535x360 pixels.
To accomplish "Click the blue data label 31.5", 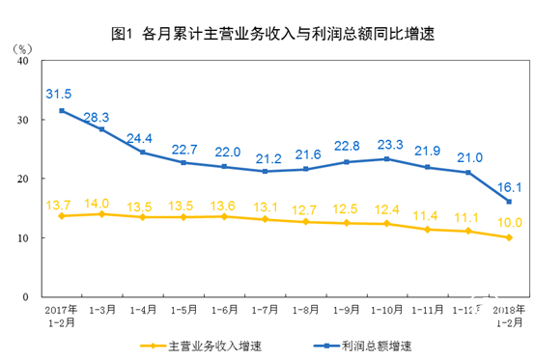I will [x=60, y=94].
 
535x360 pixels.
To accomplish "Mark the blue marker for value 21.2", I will [x=265, y=171].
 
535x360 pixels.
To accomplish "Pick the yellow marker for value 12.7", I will [x=306, y=221].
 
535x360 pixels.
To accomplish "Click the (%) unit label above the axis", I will [x=24, y=45].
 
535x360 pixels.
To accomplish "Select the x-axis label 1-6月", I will [x=224, y=310].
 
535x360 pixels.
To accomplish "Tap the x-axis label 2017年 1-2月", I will [x=60, y=316].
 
